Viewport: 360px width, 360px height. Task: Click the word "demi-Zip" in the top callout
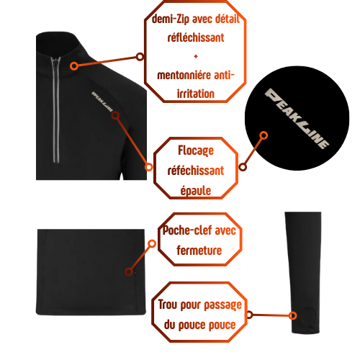(170, 19)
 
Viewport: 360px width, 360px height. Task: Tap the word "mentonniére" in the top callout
(184, 75)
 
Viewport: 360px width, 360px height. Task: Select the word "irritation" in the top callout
(196, 94)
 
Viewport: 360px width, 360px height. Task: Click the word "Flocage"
(196, 150)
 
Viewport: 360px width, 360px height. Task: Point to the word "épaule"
(196, 191)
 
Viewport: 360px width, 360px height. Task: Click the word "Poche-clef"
(187, 230)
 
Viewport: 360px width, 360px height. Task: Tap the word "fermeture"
(199, 251)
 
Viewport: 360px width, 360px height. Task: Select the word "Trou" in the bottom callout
(168, 305)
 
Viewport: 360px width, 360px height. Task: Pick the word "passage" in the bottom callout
(222, 305)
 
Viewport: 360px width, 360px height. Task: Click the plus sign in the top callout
(196, 57)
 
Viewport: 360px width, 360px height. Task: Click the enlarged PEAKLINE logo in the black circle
(297, 118)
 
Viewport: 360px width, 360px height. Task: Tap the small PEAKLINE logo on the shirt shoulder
(102, 102)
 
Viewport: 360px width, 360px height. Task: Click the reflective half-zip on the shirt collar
(56, 110)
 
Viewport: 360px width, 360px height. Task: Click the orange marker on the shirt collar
(74, 66)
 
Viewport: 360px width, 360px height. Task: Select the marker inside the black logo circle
(264, 135)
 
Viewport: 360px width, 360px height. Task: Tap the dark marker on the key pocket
(129, 271)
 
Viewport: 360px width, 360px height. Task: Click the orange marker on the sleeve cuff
(292, 315)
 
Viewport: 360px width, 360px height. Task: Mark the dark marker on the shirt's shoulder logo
(115, 115)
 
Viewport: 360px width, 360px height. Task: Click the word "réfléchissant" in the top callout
(196, 37)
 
